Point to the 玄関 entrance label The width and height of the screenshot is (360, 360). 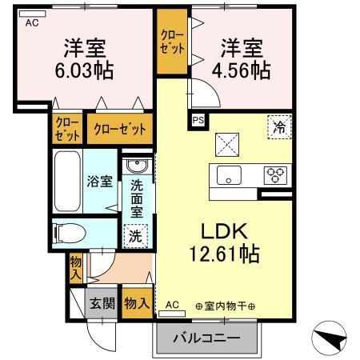coord(101,304)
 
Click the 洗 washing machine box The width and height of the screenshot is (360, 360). coord(136,237)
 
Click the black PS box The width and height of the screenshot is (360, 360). coord(198,121)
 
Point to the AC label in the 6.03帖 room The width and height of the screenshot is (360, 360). coord(32,24)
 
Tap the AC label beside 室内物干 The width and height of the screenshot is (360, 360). coord(173,305)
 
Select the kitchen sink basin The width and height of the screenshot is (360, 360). coord(230,176)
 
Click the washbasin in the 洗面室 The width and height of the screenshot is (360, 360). coord(136,167)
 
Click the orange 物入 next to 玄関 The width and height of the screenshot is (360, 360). coord(137,304)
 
